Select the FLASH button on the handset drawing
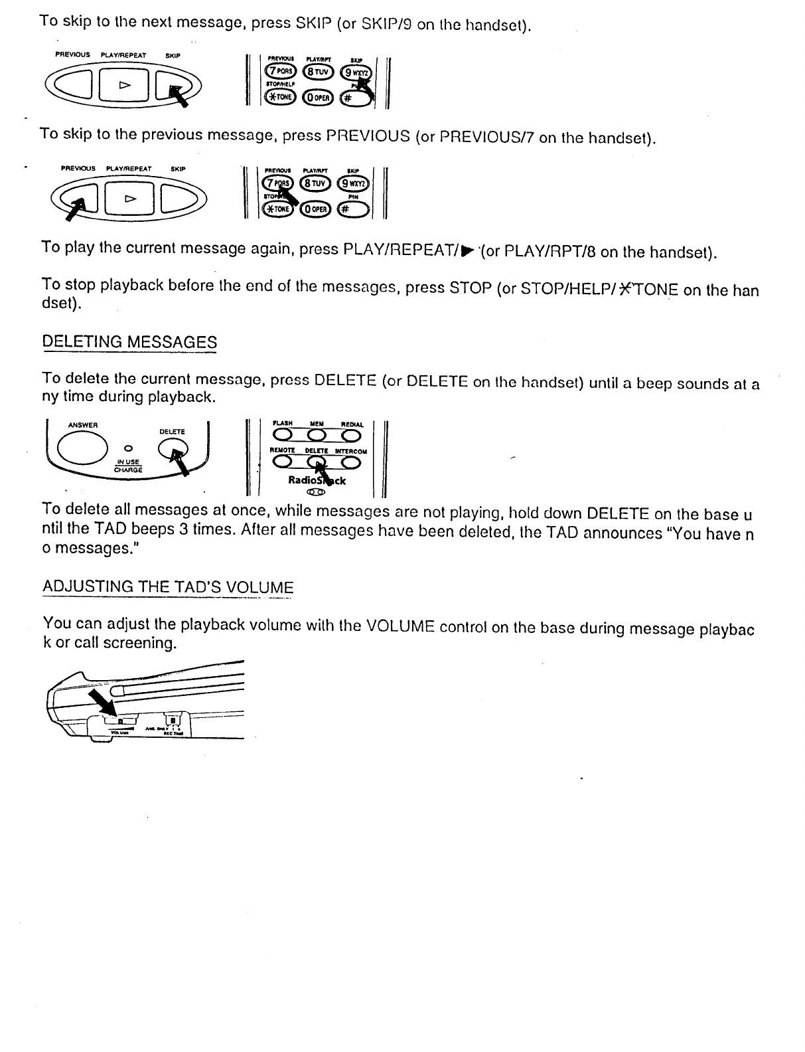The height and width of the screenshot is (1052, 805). tap(283, 435)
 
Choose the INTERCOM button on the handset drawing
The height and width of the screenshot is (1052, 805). tap(350, 462)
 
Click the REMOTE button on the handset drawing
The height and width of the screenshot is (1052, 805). tap(283, 462)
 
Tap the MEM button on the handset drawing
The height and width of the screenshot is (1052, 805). tap(317, 435)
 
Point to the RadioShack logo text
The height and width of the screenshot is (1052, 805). tap(317, 480)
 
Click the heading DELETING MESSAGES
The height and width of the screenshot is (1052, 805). tap(129, 342)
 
